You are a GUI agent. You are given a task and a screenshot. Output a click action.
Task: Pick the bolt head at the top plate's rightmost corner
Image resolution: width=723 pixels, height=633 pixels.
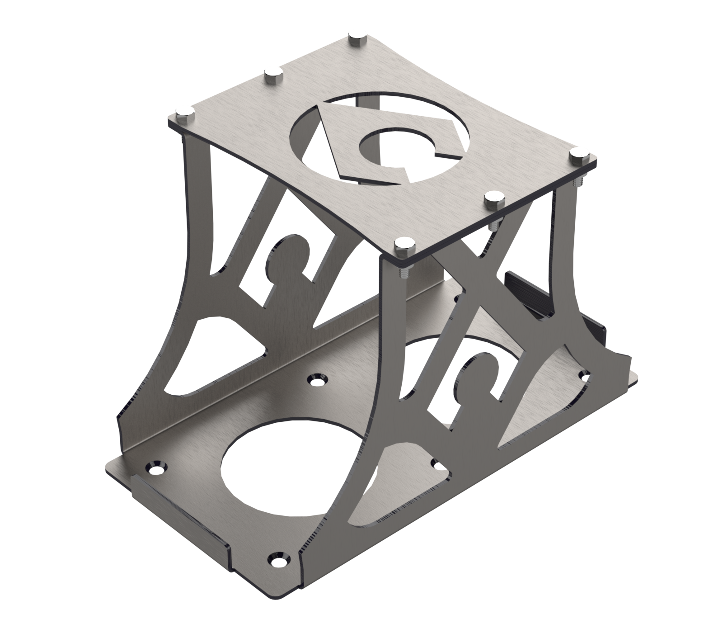tap(578, 153)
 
